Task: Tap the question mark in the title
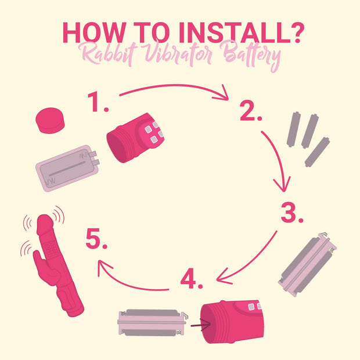pos(298,33)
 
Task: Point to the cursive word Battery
pos(251,56)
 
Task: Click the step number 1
pos(98,102)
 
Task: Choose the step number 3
pos(292,212)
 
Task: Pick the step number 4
pos(192,278)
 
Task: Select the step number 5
pos(96,239)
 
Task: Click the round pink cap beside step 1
pos(50,120)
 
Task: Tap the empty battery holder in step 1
pos(67,168)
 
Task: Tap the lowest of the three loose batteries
pos(317,152)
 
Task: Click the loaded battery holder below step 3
pos(307,265)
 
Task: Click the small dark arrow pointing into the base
pos(200,325)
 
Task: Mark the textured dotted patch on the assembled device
pos(51,249)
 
